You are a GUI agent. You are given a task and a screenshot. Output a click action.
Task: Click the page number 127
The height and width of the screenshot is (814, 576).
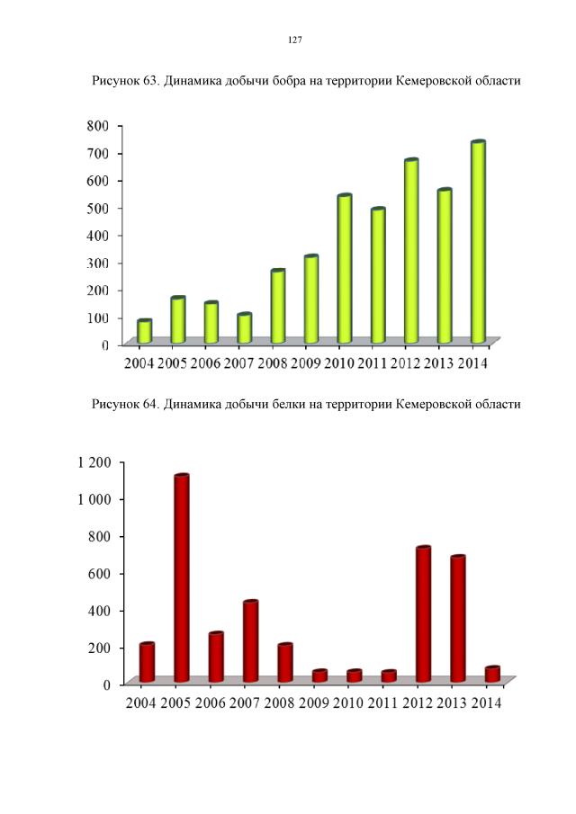[294, 40]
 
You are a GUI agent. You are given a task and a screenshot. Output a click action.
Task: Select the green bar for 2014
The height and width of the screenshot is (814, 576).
[478, 243]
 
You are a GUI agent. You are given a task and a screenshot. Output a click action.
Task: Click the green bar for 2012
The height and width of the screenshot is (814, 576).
[411, 252]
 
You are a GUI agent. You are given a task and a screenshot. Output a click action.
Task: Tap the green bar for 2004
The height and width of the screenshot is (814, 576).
[144, 332]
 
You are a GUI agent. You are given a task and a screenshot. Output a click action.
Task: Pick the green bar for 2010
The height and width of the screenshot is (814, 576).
[344, 269]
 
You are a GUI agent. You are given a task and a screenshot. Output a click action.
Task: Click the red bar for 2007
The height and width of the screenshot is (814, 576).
[251, 640]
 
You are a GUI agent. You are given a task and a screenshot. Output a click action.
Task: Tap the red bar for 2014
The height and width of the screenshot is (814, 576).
[492, 674]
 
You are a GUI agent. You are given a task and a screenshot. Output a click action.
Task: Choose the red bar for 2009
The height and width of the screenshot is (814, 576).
[319, 675]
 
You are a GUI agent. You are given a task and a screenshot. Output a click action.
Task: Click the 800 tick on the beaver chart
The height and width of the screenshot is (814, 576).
[98, 125]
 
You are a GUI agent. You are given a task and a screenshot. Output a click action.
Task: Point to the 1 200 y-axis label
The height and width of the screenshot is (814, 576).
[94, 462]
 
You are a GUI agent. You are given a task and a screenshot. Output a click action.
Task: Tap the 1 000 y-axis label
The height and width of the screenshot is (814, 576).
[94, 499]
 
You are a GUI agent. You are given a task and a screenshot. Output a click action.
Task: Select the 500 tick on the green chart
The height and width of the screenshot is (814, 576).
[98, 208]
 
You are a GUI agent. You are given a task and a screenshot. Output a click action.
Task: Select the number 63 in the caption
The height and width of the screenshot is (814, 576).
[150, 81]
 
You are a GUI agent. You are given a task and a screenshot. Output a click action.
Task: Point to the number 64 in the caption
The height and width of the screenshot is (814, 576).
[150, 404]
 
